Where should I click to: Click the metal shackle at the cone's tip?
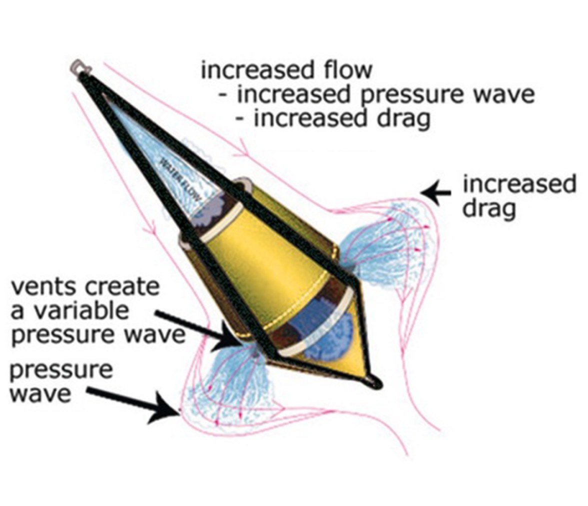coord(80,68)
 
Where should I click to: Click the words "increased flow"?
coord(286,70)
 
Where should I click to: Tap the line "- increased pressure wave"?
coord(376,94)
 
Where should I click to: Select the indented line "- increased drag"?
coord(332,118)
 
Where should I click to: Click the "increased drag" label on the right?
coord(519,195)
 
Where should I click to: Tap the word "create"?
coord(123,286)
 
